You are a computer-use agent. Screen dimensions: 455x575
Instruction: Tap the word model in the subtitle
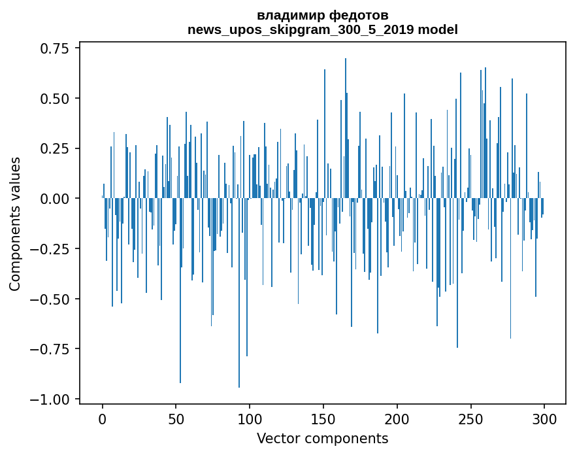pos(438,29)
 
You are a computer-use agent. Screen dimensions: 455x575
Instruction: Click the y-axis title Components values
pos(15,223)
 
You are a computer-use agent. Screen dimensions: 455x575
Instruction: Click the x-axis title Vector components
pos(323,438)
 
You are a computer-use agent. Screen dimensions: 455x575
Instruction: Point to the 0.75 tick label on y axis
pos(55,48)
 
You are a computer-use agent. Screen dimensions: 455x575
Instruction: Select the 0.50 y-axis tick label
pos(55,99)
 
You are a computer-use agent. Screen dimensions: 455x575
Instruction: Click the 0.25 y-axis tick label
pos(55,148)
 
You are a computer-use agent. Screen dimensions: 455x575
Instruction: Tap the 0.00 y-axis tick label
pos(55,199)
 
